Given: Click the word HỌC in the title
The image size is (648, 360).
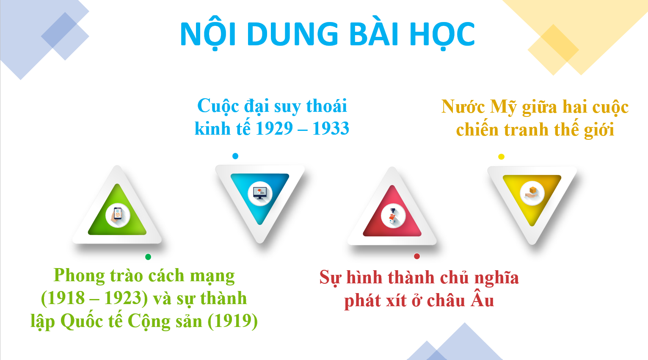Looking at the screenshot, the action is tap(443, 35).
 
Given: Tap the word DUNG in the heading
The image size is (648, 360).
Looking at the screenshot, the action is tap(292, 34).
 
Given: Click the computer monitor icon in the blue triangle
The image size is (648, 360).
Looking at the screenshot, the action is tap(260, 193).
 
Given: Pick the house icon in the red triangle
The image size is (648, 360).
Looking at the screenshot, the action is tap(392, 216).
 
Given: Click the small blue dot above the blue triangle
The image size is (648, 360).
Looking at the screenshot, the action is tap(235, 156).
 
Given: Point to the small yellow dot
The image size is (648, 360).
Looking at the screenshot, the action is tap(501, 157).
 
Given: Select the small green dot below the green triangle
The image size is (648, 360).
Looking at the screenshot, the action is tap(148, 257).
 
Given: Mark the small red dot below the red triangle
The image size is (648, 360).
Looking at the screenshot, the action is tap(417, 256).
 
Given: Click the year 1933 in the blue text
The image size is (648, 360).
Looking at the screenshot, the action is tap(331, 128).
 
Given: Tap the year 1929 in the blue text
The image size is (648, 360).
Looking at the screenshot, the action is tap(274, 128).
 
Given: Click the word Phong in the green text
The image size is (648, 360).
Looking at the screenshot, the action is tap(79, 276).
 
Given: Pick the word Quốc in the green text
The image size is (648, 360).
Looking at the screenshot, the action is tap(82, 321).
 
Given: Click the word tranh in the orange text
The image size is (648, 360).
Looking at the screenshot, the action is tap(527, 130).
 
